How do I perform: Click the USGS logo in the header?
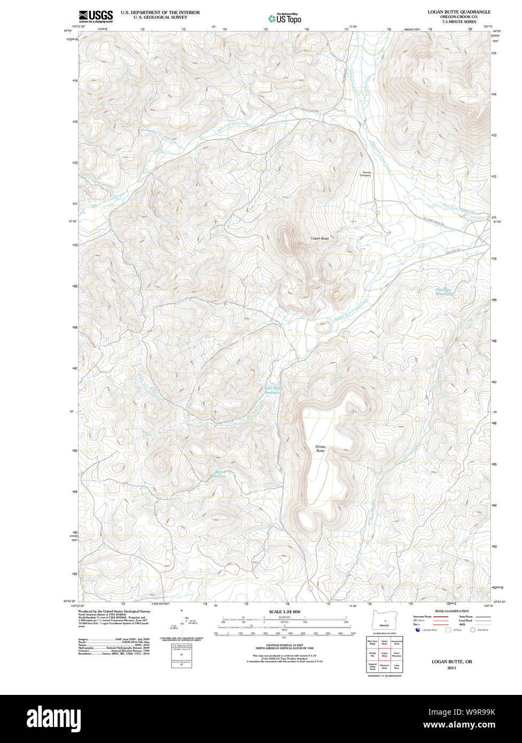96,16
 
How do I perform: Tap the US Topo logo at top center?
285,18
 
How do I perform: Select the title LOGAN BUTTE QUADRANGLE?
458,12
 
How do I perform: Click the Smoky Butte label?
320,448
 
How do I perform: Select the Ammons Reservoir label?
443,292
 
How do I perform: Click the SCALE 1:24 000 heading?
284,612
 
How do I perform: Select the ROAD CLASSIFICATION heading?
451,611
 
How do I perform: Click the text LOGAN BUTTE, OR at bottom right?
451,661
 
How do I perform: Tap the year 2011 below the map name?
451,668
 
